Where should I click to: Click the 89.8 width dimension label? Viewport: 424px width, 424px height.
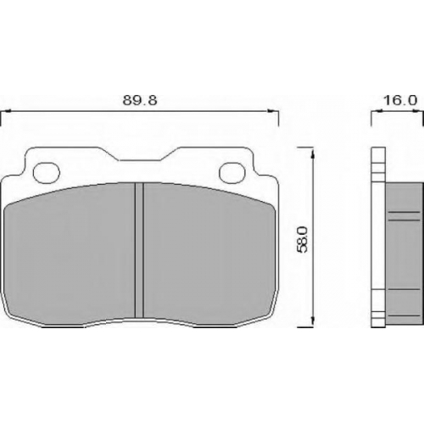pyautogui.click(x=140, y=100)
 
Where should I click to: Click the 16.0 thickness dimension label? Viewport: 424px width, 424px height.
pyautogui.click(x=400, y=100)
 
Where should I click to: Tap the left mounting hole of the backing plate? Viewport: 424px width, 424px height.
pyautogui.click(x=47, y=172)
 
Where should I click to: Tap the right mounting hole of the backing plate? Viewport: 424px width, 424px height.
pyautogui.click(x=233, y=172)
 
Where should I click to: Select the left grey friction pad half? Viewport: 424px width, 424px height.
pyautogui.click(x=70, y=253)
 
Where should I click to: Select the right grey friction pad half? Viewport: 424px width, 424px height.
pyautogui.click(x=209, y=253)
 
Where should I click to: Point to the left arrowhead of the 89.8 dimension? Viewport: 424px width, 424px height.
pyautogui.click(x=6, y=111)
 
